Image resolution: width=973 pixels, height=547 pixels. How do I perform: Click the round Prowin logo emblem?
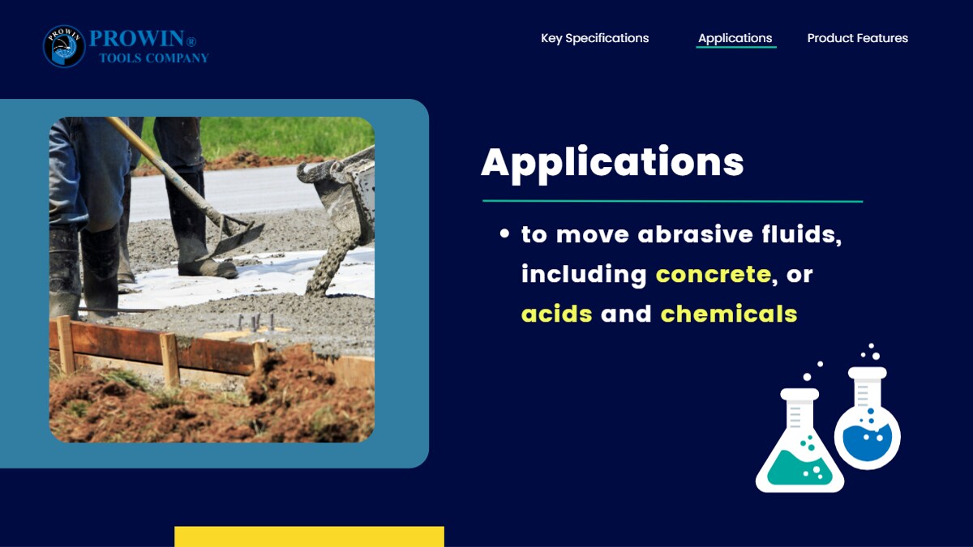(x=64, y=46)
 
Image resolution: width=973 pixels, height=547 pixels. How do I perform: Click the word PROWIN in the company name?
(x=137, y=39)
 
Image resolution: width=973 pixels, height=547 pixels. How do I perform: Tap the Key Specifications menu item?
(x=594, y=38)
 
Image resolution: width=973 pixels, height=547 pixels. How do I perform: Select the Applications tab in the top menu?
(x=735, y=38)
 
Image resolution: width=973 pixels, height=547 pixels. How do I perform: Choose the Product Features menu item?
(x=858, y=38)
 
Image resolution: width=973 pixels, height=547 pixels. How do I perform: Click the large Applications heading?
(x=612, y=164)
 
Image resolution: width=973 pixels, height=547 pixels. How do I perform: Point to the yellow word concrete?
(x=714, y=275)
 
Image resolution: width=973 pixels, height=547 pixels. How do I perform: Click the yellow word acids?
(x=556, y=314)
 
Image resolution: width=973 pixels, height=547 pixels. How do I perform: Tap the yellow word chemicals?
(x=729, y=314)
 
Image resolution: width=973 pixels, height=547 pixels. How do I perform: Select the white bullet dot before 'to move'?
(x=504, y=234)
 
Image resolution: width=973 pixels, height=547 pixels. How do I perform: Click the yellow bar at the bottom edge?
(x=309, y=536)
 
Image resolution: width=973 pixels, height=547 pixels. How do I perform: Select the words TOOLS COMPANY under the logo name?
(x=154, y=58)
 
